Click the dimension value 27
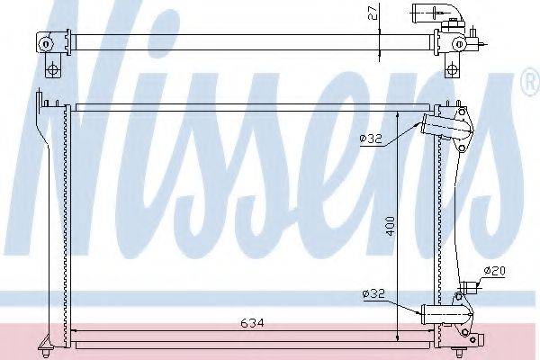(374, 13)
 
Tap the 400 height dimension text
(391, 226)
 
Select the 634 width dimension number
(252, 323)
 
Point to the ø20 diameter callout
(494, 271)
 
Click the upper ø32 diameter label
(371, 139)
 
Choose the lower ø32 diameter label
(373, 294)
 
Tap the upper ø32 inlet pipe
(444, 125)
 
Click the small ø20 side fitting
(469, 285)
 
